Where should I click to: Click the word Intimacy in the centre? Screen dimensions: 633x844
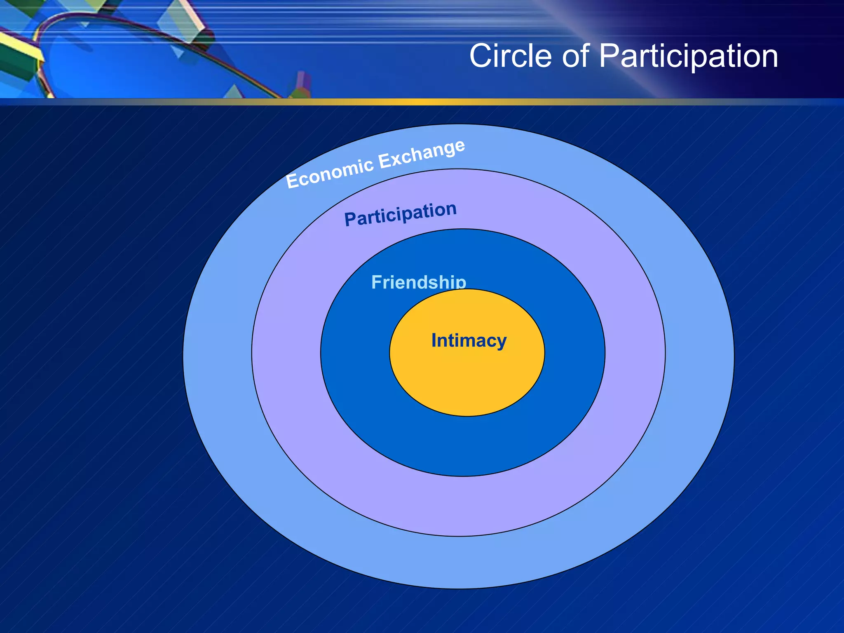(x=469, y=341)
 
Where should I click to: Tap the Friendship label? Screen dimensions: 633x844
(x=418, y=282)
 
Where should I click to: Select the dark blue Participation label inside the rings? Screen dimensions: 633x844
(x=400, y=214)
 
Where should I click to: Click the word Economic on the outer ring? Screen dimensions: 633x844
(x=330, y=173)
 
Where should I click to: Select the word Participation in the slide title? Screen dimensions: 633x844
(x=688, y=56)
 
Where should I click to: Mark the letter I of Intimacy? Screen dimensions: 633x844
(x=434, y=340)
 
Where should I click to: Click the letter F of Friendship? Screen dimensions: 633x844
(x=377, y=282)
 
